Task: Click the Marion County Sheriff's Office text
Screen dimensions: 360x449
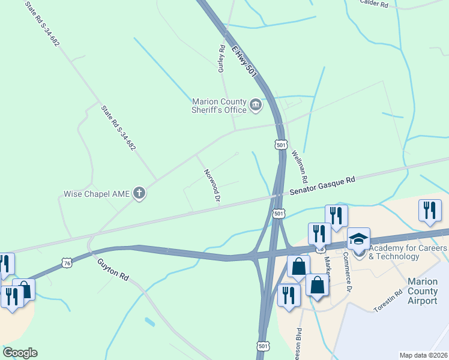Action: coord(219,106)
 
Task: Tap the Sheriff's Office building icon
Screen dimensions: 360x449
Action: coord(256,106)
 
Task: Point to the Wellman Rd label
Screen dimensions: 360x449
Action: coord(300,167)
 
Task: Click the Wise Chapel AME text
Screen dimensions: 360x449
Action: coord(97,194)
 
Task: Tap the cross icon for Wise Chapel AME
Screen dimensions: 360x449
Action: coord(139,193)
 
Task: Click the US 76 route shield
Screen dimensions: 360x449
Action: coord(67,262)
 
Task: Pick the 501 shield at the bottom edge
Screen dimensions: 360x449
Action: coord(263,347)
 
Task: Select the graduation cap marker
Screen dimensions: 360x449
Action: coord(358,239)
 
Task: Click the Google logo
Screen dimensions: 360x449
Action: coord(20,353)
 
